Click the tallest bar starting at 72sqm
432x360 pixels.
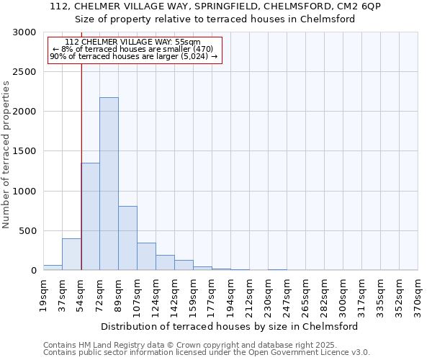[x=109, y=184]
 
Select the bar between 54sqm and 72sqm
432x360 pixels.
[x=90, y=216]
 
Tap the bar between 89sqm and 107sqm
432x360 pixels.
[x=127, y=238]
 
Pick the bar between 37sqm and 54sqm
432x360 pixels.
[x=71, y=254]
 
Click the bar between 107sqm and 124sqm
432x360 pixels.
[x=146, y=256]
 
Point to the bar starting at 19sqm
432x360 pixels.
[x=53, y=267]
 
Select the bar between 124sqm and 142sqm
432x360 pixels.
[x=165, y=263]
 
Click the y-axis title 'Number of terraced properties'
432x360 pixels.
[x=6, y=155]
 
